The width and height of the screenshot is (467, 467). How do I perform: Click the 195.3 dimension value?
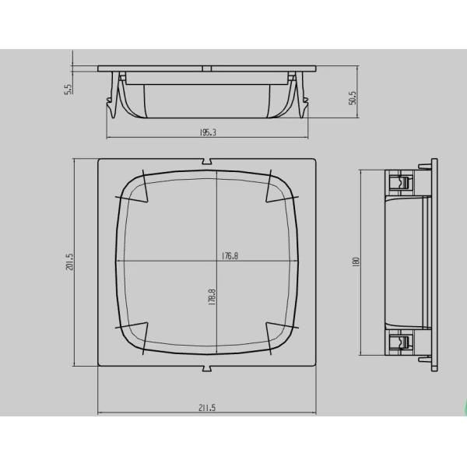pyautogui.click(x=208, y=133)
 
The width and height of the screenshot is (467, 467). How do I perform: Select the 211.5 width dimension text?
pyautogui.click(x=208, y=407)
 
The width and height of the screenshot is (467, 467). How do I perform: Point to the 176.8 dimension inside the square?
pyautogui.click(x=229, y=255)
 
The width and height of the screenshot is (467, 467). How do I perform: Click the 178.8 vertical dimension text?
pyautogui.click(x=212, y=298)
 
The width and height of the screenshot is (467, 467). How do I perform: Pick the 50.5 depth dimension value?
pyautogui.click(x=353, y=97)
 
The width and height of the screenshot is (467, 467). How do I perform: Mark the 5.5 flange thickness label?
pyautogui.click(x=68, y=89)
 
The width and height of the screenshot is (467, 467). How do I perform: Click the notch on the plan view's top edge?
pyautogui.click(x=208, y=162)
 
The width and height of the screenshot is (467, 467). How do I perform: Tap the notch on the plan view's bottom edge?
pyautogui.click(x=208, y=366)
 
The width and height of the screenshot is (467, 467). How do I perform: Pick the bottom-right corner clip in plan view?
pyautogui.click(x=278, y=333)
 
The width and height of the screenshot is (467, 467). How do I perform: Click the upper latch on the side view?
pyautogui.click(x=399, y=184)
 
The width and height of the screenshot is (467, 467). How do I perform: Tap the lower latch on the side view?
pyautogui.click(x=399, y=342)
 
